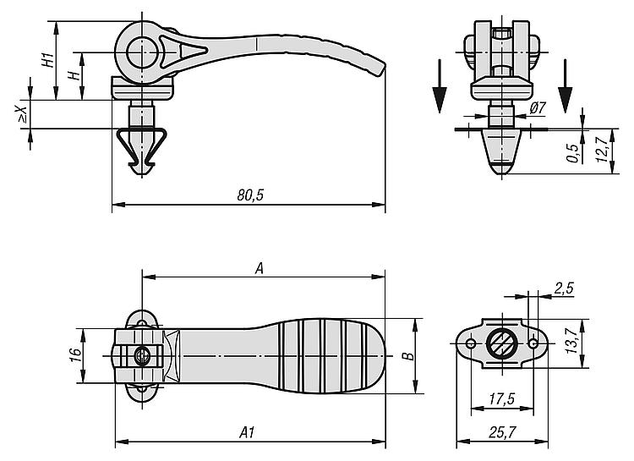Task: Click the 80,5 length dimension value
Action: tap(250, 195)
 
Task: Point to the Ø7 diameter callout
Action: tap(538, 107)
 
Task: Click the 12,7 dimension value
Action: tap(602, 151)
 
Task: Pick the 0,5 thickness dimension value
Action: tap(573, 153)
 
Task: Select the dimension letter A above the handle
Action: tap(260, 268)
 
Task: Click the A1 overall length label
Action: tap(247, 433)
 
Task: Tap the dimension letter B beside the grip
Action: tap(409, 356)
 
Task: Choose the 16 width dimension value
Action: tap(75, 355)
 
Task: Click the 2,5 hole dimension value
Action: tap(564, 288)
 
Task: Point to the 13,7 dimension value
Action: tap(571, 341)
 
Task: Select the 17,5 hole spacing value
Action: tap(502, 399)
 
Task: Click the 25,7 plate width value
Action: tap(502, 433)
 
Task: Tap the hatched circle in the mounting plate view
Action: tap(501, 343)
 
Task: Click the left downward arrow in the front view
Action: tap(440, 86)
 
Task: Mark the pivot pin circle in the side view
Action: tap(142, 52)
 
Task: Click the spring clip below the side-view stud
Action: tap(141, 149)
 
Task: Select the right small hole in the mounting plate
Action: tap(533, 343)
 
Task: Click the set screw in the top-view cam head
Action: tap(142, 356)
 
